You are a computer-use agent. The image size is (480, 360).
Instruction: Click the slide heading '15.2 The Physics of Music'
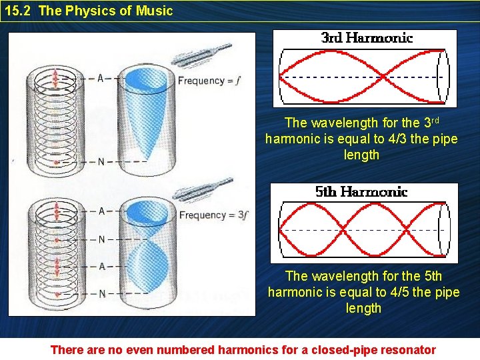click(x=89, y=11)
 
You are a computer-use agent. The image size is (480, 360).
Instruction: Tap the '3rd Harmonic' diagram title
click(x=367, y=38)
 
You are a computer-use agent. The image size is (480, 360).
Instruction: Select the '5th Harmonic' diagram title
click(x=361, y=192)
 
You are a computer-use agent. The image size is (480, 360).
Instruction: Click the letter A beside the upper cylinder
click(x=101, y=78)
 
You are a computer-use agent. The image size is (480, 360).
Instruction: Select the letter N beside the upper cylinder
click(x=101, y=161)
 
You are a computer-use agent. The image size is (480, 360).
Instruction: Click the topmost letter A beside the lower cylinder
click(x=101, y=211)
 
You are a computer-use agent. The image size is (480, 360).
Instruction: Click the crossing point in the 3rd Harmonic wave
click(x=385, y=77)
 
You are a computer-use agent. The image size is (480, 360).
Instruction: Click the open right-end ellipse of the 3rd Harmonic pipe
click(x=443, y=77)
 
